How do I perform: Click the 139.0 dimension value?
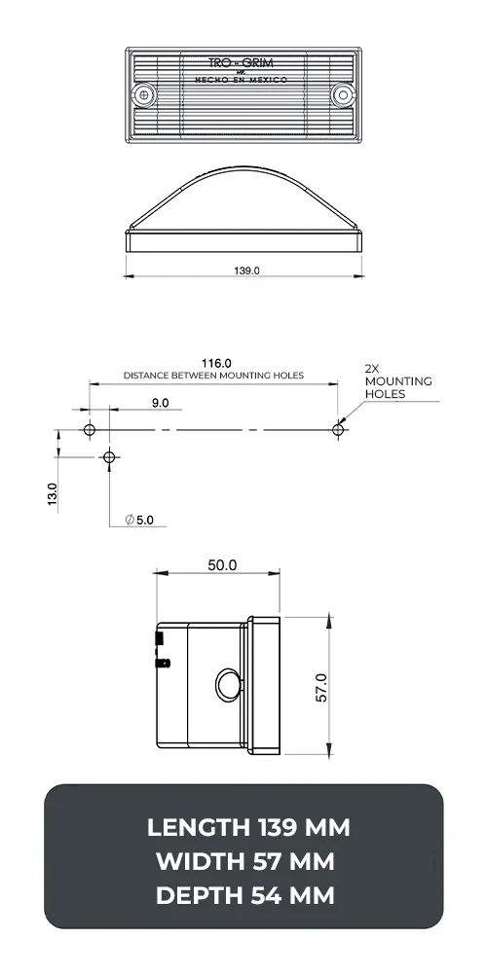point(246,271)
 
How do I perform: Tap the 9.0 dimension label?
point(160,402)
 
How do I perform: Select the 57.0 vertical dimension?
point(321,687)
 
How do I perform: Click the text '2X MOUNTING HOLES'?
point(384,381)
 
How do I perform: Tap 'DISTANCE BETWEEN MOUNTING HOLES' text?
point(213,376)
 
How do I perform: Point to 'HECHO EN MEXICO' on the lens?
point(243,80)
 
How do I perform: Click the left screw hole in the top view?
point(146,94)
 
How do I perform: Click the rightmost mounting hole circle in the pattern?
point(338,429)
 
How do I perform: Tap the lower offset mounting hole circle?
point(109,456)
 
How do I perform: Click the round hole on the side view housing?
point(227,684)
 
